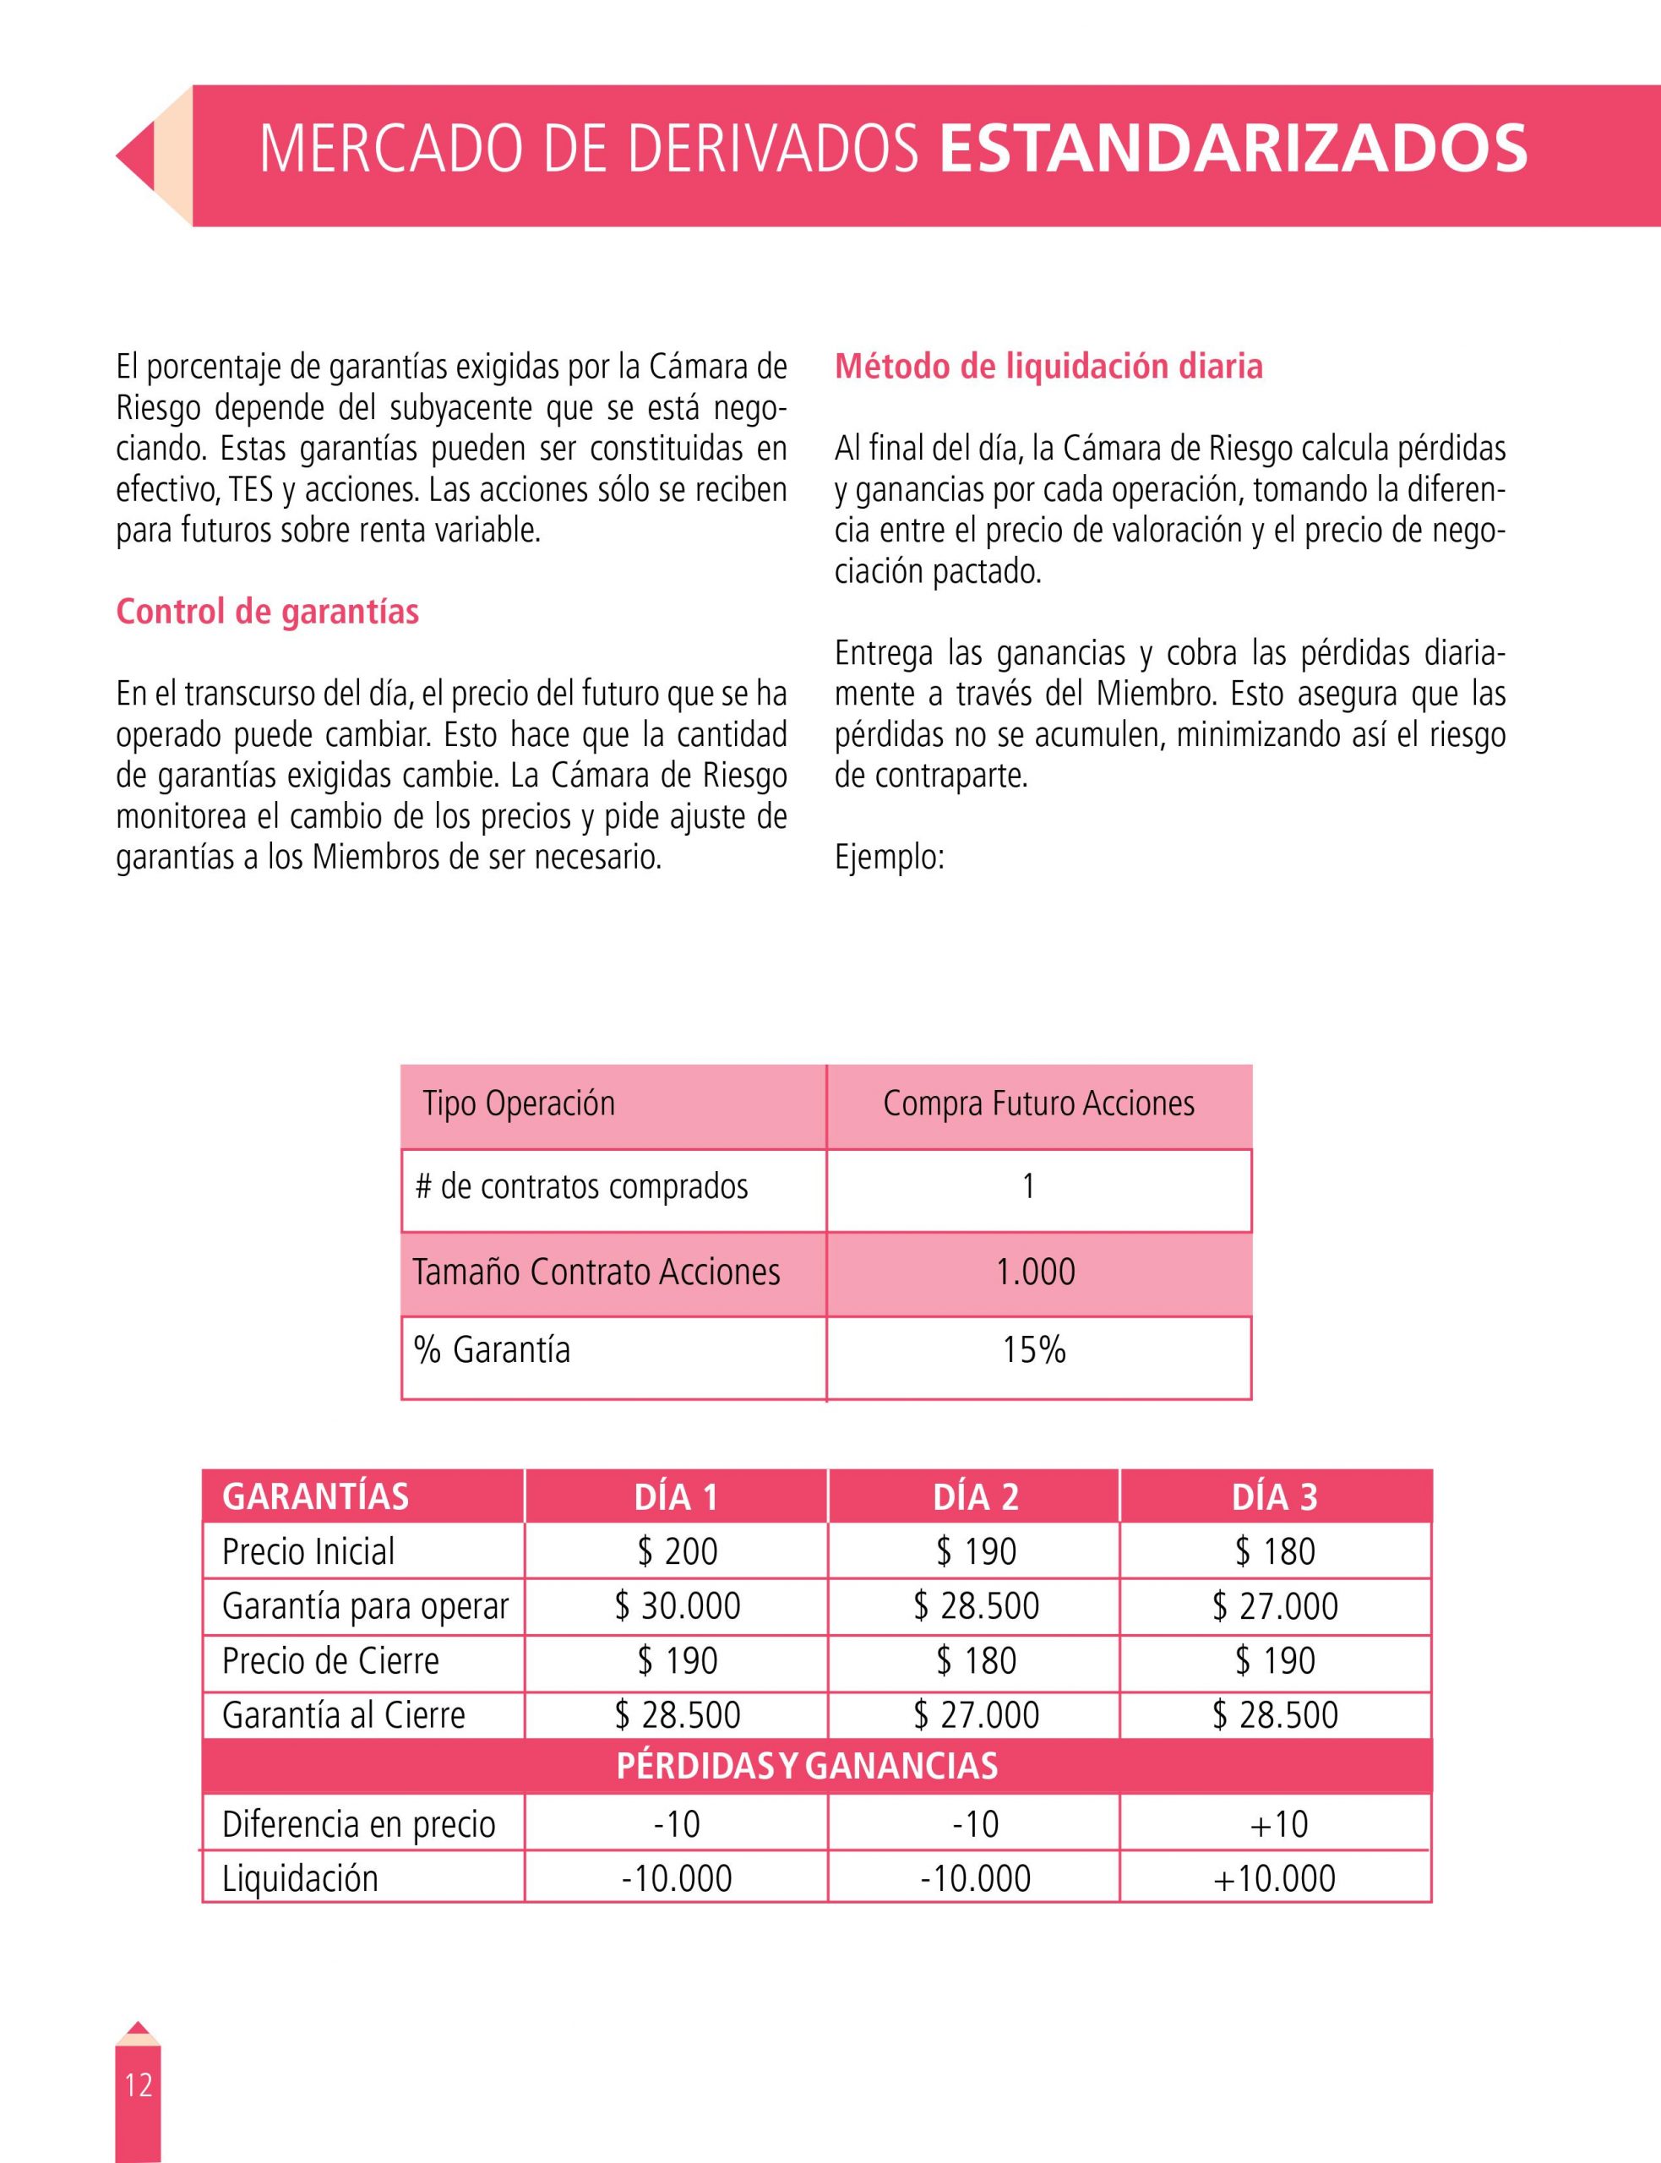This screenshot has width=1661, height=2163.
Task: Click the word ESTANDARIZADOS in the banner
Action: click(1233, 149)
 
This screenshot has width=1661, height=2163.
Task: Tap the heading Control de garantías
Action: click(267, 612)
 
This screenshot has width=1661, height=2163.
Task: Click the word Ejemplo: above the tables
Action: click(889, 856)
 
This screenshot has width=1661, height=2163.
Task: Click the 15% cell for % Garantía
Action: click(1034, 1349)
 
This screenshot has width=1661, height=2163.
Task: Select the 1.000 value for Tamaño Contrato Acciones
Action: click(1035, 1272)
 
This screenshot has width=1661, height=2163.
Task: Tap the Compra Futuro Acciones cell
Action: click(1038, 1103)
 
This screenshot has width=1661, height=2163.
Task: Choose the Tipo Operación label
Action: click(519, 1103)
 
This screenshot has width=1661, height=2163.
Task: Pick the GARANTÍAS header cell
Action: click(315, 1496)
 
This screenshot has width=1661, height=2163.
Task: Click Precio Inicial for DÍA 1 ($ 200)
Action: click(678, 1551)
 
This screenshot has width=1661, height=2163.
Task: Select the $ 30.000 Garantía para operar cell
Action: click(678, 1605)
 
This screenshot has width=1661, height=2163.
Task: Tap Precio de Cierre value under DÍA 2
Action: click(976, 1659)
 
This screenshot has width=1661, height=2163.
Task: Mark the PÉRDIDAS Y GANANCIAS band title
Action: click(807, 1766)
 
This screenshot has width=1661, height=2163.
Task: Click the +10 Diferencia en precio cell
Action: click(1277, 1824)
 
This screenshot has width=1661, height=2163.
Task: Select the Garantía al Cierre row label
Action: click(343, 1714)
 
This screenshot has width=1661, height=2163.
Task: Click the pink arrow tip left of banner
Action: click(134, 156)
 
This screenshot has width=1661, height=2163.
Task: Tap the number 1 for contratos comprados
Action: click(1028, 1186)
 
